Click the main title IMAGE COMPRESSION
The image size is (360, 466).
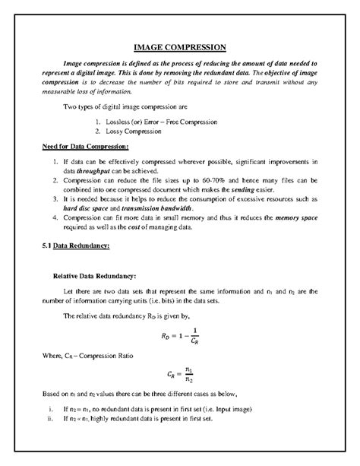(180, 48)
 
